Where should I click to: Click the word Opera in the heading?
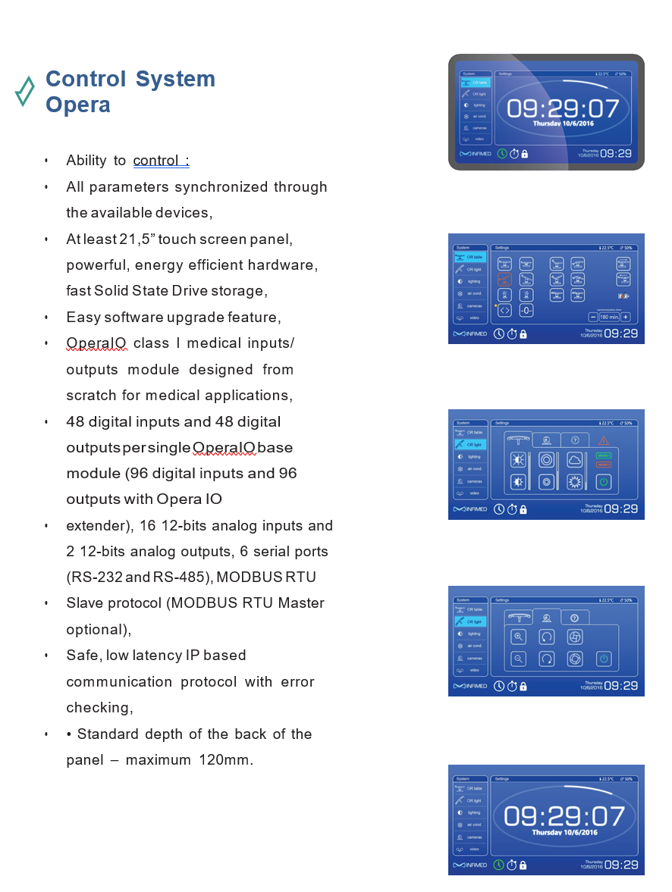point(78,105)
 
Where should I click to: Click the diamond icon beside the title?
point(24,91)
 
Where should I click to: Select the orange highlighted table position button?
point(505,280)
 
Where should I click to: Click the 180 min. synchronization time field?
point(609,318)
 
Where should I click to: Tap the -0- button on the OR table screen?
point(526,310)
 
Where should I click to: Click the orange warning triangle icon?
point(604,440)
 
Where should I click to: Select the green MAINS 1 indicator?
point(604,455)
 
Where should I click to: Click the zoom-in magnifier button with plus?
point(518,637)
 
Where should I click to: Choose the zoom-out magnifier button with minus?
point(518,659)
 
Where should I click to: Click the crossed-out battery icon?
point(623,296)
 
